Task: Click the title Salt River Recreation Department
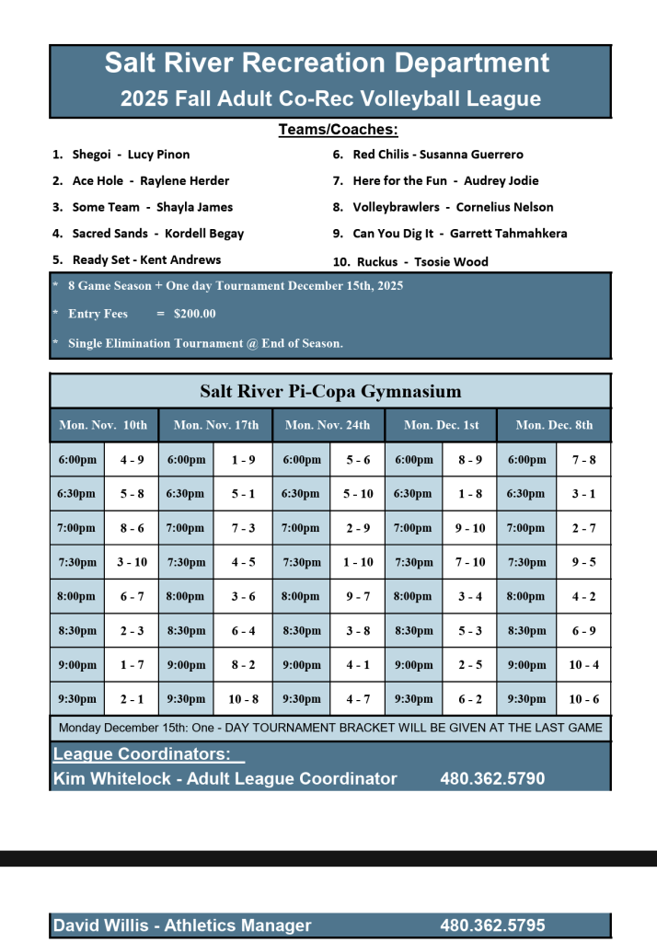point(328,63)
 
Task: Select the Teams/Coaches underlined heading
point(338,130)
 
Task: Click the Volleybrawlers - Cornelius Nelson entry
point(453,207)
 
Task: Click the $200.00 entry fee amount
point(194,314)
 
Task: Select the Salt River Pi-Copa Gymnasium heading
point(330,392)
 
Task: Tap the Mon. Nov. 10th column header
point(103,425)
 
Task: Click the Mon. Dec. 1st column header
point(442,425)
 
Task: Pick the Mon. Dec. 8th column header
point(554,425)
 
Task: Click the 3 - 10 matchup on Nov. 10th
point(132,562)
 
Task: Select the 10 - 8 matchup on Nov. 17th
point(243,699)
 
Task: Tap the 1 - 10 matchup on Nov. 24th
point(358,562)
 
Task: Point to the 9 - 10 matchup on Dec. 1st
point(470,528)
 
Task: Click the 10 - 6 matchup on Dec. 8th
point(583,699)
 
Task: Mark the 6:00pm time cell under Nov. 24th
point(301,460)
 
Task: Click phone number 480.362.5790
point(492,779)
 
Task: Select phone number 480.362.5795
point(492,925)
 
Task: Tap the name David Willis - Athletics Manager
point(182,925)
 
